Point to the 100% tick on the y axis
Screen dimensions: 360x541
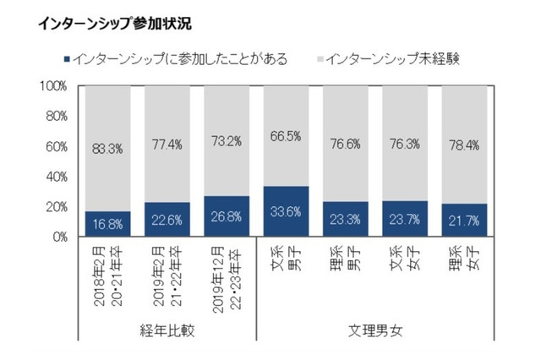point(54,86)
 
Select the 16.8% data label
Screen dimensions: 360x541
point(107,225)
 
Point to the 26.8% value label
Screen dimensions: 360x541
point(227,217)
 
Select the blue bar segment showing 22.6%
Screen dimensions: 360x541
point(167,220)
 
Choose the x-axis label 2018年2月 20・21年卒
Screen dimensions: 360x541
point(108,275)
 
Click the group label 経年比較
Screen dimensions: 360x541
point(167,330)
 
